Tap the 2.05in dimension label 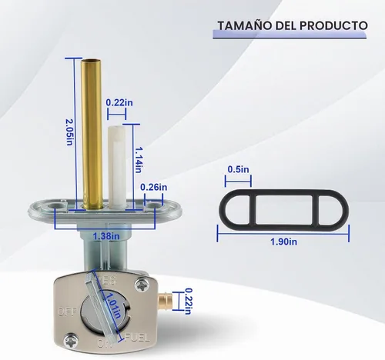[70, 132]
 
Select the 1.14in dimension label [139, 160]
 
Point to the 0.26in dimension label [153, 187]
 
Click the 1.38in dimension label [106, 236]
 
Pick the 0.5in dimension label [238, 169]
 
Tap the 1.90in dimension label [284, 242]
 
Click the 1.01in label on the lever [113, 305]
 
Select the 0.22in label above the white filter [119, 102]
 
